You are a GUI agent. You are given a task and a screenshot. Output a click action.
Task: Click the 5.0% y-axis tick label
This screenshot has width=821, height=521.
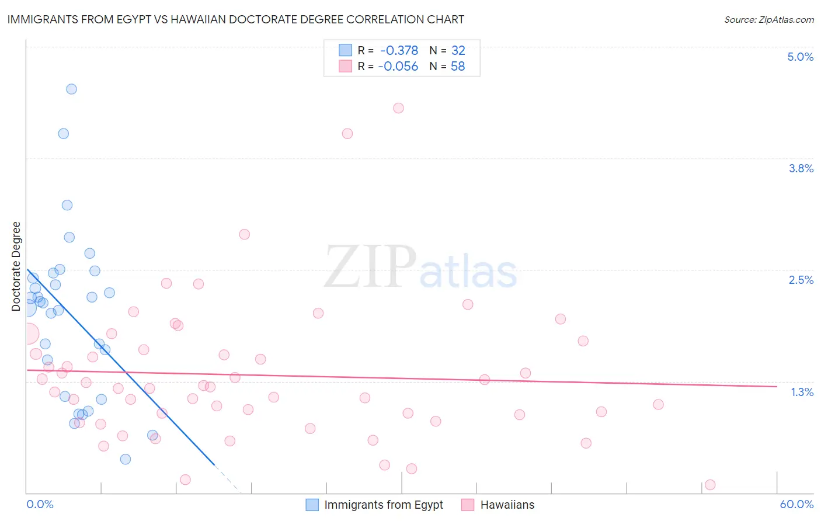800,57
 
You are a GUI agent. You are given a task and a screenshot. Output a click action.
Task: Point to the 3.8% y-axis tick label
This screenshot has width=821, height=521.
801,168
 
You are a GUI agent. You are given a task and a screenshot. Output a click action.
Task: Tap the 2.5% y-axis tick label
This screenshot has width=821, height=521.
801,280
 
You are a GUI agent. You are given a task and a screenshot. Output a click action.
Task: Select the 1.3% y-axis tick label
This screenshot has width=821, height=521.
802,392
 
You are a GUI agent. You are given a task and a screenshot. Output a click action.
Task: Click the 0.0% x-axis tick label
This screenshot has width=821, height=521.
40,504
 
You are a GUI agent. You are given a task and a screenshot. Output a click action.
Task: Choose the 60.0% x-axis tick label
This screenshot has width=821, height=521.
796,504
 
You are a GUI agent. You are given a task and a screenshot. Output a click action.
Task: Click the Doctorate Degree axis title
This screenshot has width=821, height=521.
16,266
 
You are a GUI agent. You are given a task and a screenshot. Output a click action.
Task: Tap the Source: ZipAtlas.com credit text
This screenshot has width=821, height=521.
768,19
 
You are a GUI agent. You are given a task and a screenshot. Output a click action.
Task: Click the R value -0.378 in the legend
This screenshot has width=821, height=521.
399,50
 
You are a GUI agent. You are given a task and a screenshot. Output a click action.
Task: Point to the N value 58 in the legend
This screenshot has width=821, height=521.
458,66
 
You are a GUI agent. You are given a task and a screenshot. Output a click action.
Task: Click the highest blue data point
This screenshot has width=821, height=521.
71,89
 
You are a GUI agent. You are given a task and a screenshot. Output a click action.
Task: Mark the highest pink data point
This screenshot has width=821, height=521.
398,107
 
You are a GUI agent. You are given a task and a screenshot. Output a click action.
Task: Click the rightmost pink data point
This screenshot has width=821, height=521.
710,484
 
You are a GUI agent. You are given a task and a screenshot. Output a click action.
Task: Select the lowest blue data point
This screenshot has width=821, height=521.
125,459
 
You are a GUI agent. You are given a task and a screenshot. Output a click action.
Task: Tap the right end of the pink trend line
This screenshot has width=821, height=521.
777,386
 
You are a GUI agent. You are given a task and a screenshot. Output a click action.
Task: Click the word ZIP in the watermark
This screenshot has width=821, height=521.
370,266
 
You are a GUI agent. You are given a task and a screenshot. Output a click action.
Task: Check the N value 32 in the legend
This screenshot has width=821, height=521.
458,50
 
